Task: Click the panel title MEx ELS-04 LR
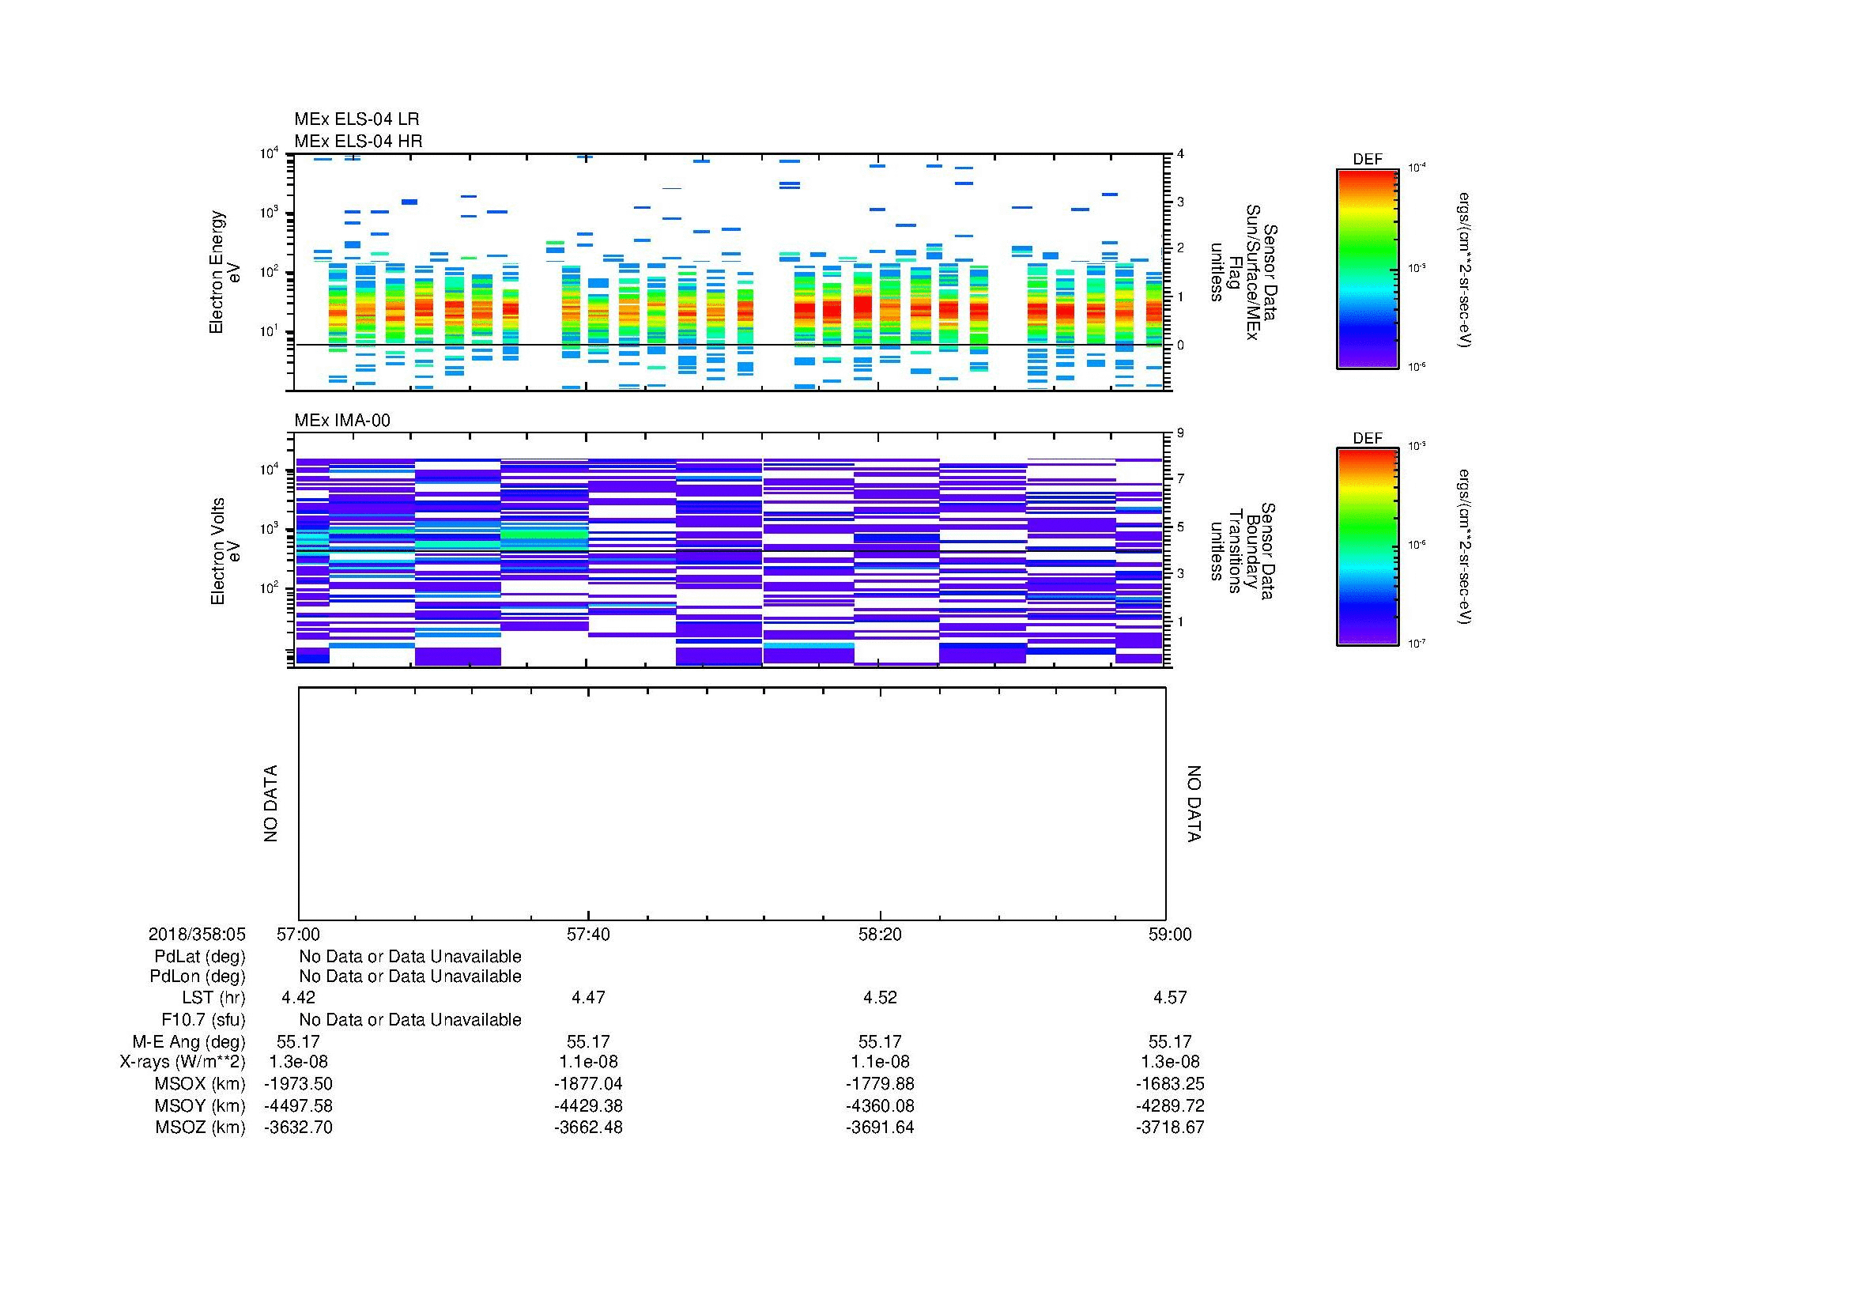[x=356, y=119]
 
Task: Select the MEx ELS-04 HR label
[x=357, y=141]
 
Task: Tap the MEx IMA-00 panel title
[x=341, y=421]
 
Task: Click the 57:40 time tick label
[x=588, y=934]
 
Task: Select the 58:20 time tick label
[x=879, y=934]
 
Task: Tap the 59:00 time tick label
[x=1169, y=934]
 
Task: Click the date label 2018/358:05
[x=197, y=934]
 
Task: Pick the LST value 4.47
[x=588, y=998]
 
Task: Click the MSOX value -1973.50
[x=298, y=1084]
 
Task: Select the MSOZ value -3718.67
[x=1169, y=1128]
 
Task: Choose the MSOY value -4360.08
[x=879, y=1105]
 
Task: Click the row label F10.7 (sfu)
[x=203, y=1019]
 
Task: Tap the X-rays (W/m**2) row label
[x=182, y=1062]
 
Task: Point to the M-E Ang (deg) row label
[x=188, y=1041]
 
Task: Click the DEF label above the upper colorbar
[x=1368, y=160]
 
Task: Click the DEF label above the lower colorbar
[x=1368, y=438]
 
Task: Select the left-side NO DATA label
[x=270, y=803]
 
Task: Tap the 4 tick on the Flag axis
[x=1180, y=154]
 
